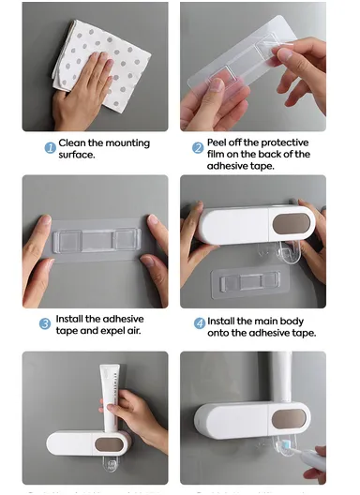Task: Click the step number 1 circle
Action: pyautogui.click(x=51, y=147)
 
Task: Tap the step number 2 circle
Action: pyautogui.click(x=199, y=147)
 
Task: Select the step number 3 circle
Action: pyautogui.click(x=44, y=323)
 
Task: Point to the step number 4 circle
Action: pyautogui.click(x=200, y=323)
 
